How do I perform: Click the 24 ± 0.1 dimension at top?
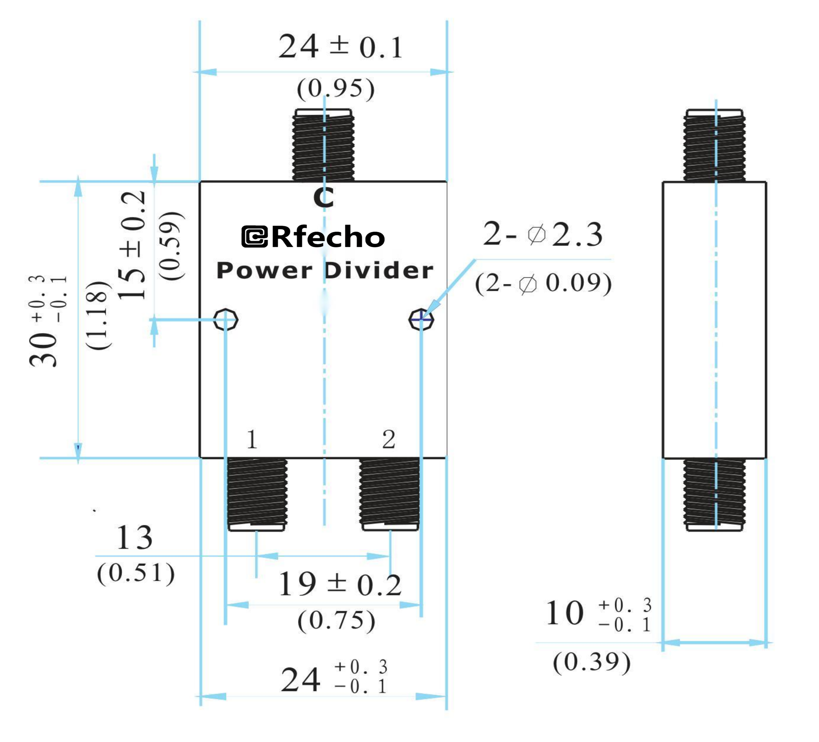(340, 46)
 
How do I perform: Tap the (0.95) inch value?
(335, 88)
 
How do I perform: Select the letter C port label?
(323, 198)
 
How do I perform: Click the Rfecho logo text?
(313, 237)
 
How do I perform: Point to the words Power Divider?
(325, 270)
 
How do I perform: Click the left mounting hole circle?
(225, 319)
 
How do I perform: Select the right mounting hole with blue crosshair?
(421, 319)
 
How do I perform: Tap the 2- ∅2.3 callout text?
(542, 235)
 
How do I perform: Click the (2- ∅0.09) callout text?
(543, 283)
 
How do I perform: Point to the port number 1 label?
(252, 439)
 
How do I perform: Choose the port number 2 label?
(388, 439)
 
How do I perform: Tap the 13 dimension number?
(134, 538)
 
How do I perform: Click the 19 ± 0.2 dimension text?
(340, 585)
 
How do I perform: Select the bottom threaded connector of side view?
(714, 494)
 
